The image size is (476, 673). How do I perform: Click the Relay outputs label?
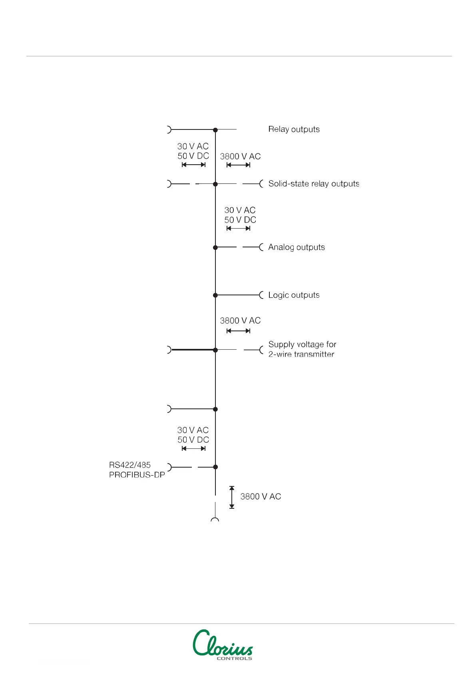pyautogui.click(x=294, y=129)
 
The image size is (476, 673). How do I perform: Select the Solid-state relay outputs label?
pyautogui.click(x=314, y=184)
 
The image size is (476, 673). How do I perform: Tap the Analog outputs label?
pyautogui.click(x=296, y=247)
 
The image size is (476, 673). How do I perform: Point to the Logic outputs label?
pyautogui.click(x=294, y=295)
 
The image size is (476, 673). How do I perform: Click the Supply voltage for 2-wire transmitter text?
pyautogui.click(x=302, y=349)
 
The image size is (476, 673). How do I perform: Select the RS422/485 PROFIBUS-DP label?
pyautogui.click(x=137, y=470)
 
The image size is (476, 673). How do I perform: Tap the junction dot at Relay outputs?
pyautogui.click(x=215, y=130)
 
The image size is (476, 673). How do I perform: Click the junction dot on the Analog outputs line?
pyautogui.click(x=215, y=248)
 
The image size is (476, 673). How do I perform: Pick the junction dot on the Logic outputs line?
pyautogui.click(x=215, y=295)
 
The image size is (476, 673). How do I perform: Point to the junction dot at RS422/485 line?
pyautogui.click(x=215, y=467)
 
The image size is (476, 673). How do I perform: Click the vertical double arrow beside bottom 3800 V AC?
pyautogui.click(x=232, y=497)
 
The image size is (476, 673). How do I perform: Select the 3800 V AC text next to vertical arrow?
pyautogui.click(x=261, y=497)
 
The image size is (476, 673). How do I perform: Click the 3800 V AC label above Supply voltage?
pyautogui.click(x=240, y=321)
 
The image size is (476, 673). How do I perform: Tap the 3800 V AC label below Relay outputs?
pyautogui.click(x=240, y=157)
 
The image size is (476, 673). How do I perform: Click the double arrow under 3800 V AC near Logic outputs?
pyautogui.click(x=238, y=331)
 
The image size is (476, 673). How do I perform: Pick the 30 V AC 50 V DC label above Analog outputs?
pyautogui.click(x=240, y=215)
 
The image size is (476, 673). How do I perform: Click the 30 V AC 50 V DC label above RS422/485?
pyautogui.click(x=193, y=435)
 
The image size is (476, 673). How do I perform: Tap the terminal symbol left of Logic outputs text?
pyautogui.click(x=261, y=295)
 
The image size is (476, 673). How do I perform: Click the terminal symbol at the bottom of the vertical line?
pyautogui.click(x=215, y=520)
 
